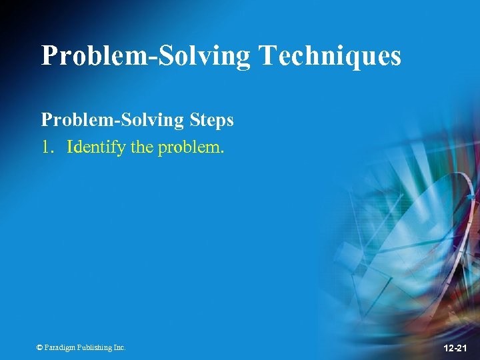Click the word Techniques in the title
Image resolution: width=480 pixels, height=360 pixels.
pyautogui.click(x=330, y=55)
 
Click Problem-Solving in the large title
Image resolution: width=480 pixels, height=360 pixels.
pyautogui.click(x=145, y=55)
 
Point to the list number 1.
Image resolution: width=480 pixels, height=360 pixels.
pyautogui.click(x=45, y=147)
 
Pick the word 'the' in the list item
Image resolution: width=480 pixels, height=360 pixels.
pyautogui.click(x=142, y=147)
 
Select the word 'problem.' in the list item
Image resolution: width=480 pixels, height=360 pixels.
pyautogui.click(x=191, y=147)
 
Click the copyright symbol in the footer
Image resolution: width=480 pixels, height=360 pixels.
pyautogui.click(x=41, y=347)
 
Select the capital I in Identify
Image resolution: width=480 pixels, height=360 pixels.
pyautogui.click(x=70, y=147)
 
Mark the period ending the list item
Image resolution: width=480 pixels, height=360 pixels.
pyautogui.click(x=223, y=151)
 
